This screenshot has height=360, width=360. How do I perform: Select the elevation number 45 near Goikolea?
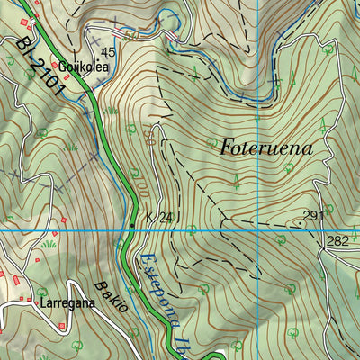(x=109, y=52)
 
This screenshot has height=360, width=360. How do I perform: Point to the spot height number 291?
(x=312, y=216)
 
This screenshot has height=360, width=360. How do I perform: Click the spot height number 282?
(x=337, y=240)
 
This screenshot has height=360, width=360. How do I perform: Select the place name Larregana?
(x=67, y=303)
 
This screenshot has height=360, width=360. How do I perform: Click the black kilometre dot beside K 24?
(x=133, y=225)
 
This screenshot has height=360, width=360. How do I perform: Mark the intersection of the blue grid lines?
(x=257, y=231)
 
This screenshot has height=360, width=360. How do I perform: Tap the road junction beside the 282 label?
(x=322, y=231)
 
